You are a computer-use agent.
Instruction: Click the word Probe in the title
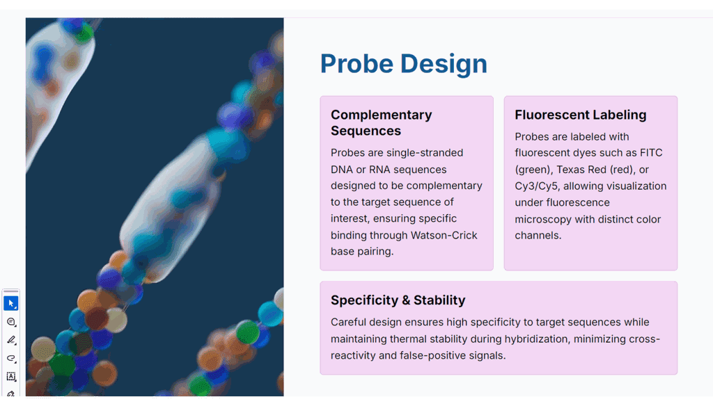[356, 63]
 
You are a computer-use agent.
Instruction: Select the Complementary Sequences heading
[381, 122]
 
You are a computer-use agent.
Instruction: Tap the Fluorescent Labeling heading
[580, 115]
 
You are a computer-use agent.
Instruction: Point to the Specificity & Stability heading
[398, 300]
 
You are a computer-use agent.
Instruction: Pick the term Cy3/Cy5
[536, 186]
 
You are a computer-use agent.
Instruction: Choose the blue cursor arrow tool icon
[11, 303]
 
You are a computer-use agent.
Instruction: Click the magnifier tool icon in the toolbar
[11, 322]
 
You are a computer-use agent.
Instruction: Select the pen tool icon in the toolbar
[11, 340]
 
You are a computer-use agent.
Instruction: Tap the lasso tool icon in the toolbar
[11, 358]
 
